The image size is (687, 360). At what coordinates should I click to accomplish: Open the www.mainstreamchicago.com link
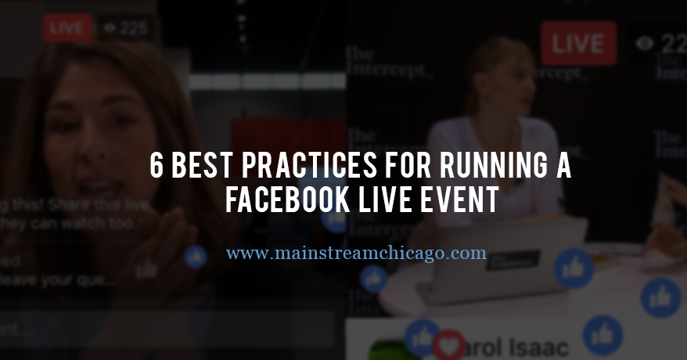pos(356,254)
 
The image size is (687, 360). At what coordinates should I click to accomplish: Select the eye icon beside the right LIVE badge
pos(644,44)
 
